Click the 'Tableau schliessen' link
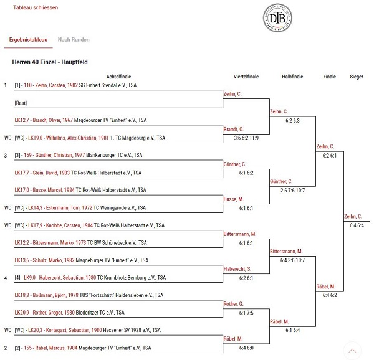(x=36, y=7)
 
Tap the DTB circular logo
(x=277, y=18)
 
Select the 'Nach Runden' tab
(x=74, y=40)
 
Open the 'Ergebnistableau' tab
(x=29, y=40)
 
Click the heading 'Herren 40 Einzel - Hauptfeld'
(x=50, y=62)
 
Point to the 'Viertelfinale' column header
(x=246, y=77)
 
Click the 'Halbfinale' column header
(x=292, y=77)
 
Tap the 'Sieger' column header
(x=357, y=77)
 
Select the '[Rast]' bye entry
(x=21, y=103)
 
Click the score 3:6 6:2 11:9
(x=246, y=138)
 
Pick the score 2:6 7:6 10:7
(x=292, y=191)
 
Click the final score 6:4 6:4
(x=357, y=225)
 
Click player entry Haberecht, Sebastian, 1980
(x=67, y=278)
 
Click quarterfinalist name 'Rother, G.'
(x=233, y=304)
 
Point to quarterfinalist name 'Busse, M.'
(x=234, y=199)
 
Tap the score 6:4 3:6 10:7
(x=292, y=260)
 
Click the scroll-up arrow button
(x=352, y=351)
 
